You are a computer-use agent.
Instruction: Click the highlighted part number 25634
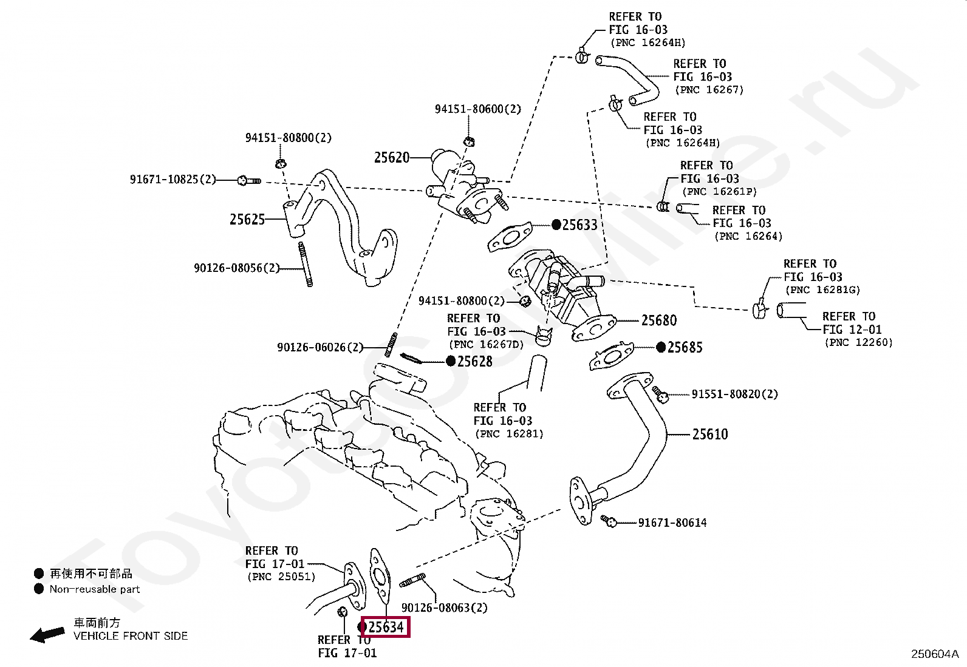(x=386, y=626)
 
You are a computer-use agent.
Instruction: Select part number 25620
(x=392, y=158)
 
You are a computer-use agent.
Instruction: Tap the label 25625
(x=247, y=220)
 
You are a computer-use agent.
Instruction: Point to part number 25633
(x=579, y=225)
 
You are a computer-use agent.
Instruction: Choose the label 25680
(x=659, y=320)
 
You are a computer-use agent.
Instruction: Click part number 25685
(x=685, y=347)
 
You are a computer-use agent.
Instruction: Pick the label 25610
(x=710, y=434)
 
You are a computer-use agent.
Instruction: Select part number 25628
(x=474, y=362)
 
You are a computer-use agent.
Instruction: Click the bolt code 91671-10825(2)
(x=173, y=180)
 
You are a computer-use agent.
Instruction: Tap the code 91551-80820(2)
(x=734, y=394)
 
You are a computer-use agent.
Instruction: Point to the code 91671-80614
(x=672, y=523)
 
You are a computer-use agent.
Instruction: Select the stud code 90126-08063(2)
(x=444, y=608)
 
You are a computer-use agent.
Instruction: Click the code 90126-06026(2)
(x=319, y=347)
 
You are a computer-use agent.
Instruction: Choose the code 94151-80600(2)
(x=477, y=109)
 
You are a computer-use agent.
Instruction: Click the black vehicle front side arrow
(x=47, y=635)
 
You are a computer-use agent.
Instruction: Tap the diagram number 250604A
(x=934, y=654)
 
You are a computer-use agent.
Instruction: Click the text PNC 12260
(x=858, y=343)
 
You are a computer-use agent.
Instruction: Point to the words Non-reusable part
(x=95, y=589)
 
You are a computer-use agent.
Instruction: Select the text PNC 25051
(x=280, y=577)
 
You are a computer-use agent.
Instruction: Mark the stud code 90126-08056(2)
(x=237, y=268)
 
